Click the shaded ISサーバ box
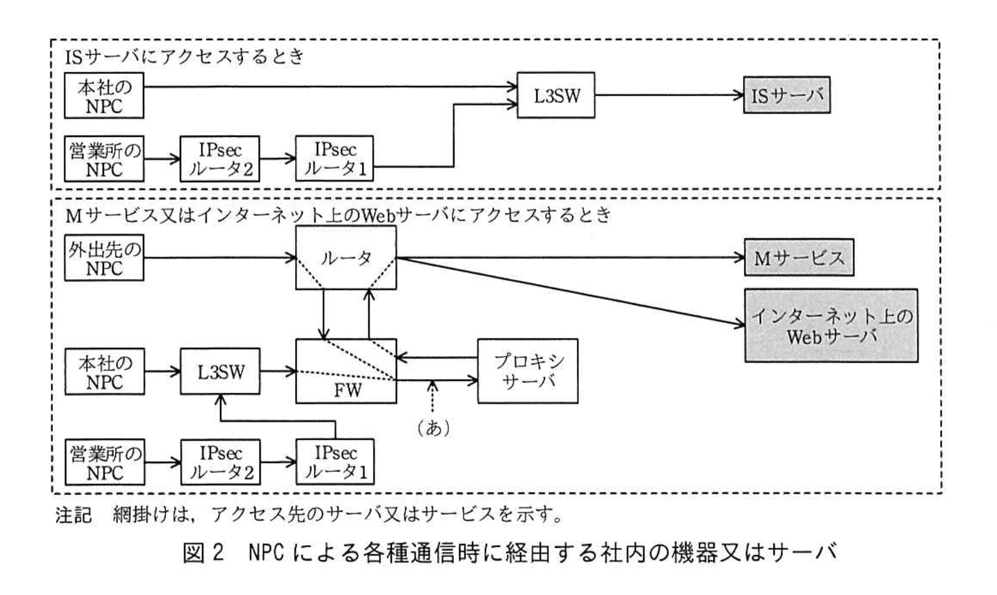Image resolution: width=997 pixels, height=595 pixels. pos(787,96)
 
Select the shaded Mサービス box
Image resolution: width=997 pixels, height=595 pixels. pos(799,257)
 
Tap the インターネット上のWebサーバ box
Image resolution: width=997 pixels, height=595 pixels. pos(831,326)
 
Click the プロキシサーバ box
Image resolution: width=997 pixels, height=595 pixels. pos(528,371)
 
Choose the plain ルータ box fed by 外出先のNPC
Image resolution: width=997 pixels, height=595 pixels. pos(346,257)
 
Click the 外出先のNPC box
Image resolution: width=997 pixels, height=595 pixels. pos(104,258)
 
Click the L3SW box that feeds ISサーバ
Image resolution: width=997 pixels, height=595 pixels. pos(556,96)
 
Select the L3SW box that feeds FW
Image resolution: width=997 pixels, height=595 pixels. pos(221,371)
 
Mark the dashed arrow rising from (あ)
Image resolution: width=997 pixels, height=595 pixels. pos(433,398)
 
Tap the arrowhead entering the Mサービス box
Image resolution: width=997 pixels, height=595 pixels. pos(739,258)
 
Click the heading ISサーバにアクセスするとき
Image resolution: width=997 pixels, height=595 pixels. pos(185,57)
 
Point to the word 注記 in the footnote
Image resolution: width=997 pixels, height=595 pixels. pos(73,515)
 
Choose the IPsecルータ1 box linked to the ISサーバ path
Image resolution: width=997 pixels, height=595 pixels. pos(335,159)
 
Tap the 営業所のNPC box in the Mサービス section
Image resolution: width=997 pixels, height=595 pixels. pos(104,462)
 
